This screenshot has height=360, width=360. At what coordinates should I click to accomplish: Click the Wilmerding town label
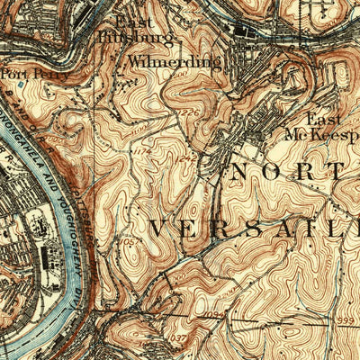(x=175, y=62)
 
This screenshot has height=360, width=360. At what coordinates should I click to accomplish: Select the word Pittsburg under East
(x=123, y=38)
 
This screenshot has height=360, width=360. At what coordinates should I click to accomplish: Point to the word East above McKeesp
(x=325, y=119)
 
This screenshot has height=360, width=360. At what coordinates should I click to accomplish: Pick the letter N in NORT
(x=244, y=171)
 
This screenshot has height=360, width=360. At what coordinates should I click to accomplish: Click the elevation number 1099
(x=211, y=314)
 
